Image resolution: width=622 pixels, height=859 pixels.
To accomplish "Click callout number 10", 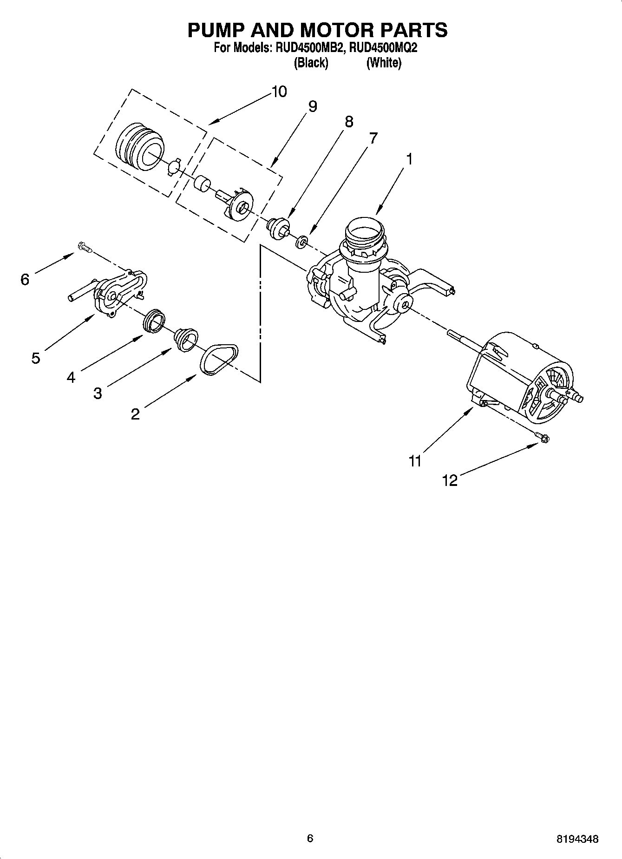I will [279, 92].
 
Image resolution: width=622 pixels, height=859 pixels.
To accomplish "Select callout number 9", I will [313, 107].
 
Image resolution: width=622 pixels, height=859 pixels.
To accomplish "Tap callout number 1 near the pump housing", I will [409, 159].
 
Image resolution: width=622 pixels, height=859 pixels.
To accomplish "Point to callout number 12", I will [450, 480].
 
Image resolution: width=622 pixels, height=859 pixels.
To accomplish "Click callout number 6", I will [25, 279].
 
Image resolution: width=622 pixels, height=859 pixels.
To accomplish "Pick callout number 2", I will [135, 414].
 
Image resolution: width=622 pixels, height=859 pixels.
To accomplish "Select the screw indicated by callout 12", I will [542, 437].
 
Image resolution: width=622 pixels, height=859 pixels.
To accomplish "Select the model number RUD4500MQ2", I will [383, 47].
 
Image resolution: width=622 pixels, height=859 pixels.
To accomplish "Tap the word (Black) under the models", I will [311, 63].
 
